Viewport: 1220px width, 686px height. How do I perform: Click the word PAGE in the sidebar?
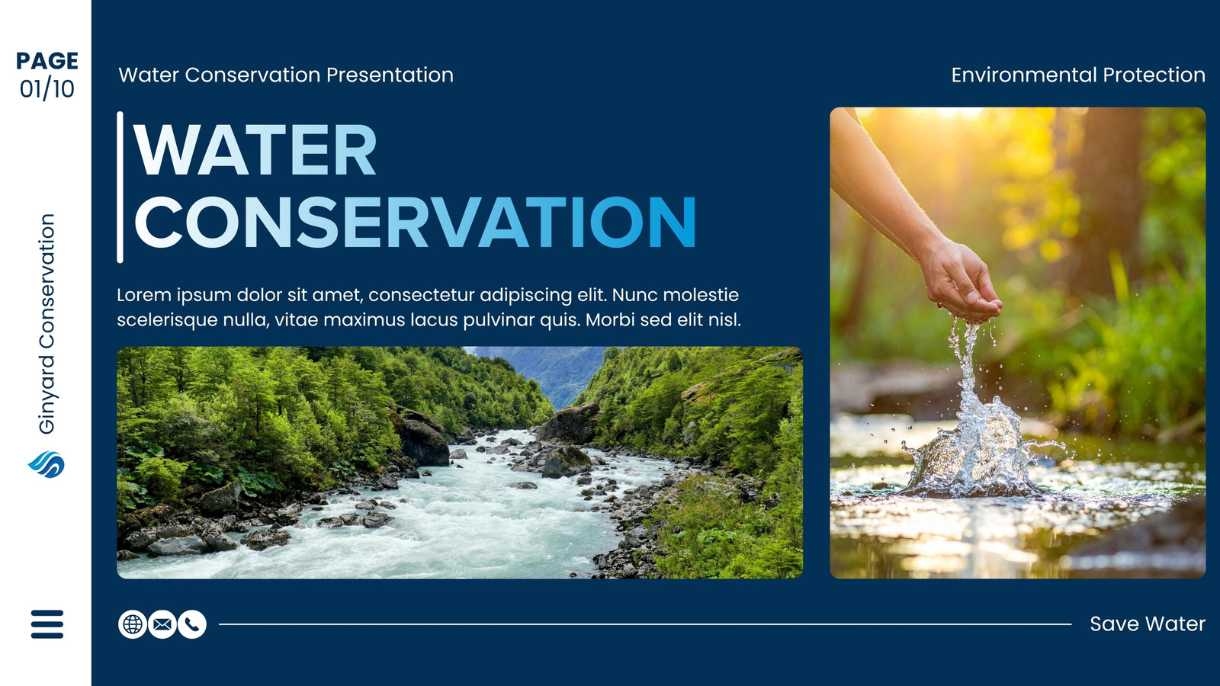[47, 60]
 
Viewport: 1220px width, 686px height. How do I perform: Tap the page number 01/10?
[47, 88]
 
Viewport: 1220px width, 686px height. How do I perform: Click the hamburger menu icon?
[47, 624]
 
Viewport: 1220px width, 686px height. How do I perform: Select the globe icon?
[133, 624]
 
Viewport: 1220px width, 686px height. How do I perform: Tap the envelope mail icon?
[162, 624]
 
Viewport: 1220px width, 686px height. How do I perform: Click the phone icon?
[192, 624]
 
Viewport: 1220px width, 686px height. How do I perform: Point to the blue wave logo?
[47, 464]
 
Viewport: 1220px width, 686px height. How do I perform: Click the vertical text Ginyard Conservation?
[47, 324]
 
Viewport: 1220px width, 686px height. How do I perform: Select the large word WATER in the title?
[255, 149]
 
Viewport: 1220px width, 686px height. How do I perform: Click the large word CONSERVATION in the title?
[415, 222]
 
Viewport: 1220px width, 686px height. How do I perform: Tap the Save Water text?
[1148, 624]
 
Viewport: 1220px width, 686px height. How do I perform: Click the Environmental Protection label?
[1078, 75]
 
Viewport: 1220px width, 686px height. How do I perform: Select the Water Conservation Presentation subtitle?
[286, 75]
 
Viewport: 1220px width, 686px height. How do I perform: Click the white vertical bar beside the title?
[120, 188]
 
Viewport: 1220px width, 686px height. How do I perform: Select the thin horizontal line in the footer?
[645, 624]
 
